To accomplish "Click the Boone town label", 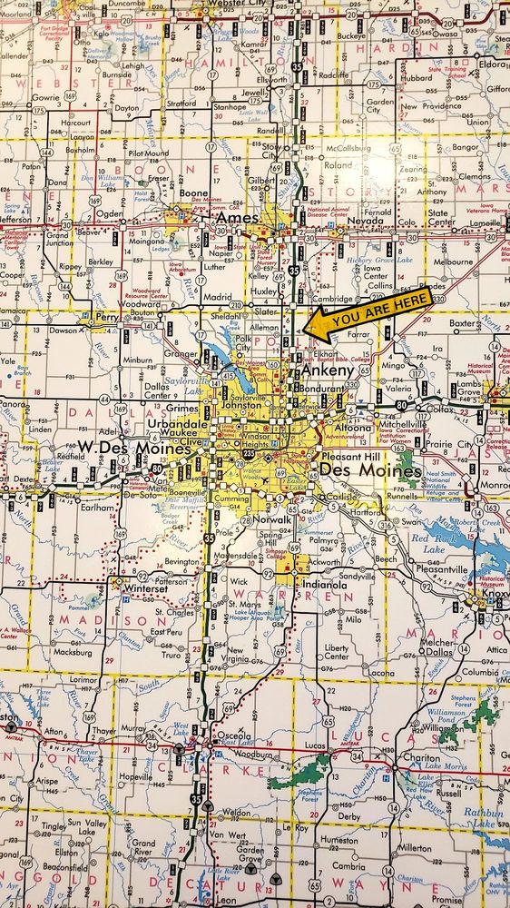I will pos(194,194).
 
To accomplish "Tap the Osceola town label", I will pos(233,736).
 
